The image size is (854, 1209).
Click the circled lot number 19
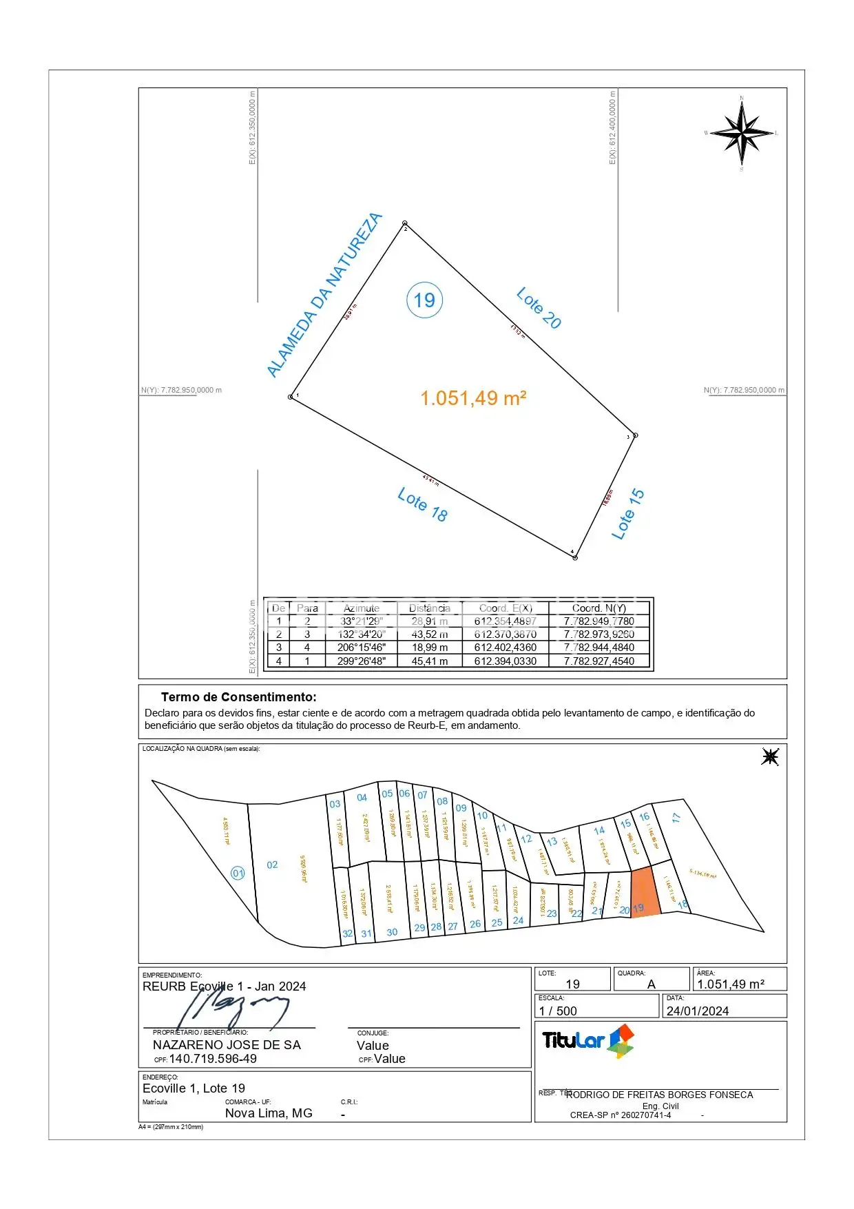pos(424,300)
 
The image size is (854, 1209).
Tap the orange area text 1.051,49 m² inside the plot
pos(473,398)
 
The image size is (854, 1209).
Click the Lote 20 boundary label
pos(539,308)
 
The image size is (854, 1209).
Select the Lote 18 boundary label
pos(422,505)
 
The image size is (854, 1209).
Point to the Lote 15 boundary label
pos(627,514)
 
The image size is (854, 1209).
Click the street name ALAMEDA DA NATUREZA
pos(324,295)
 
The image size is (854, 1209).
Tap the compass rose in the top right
pos(742,132)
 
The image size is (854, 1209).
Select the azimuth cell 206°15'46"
pos(361,648)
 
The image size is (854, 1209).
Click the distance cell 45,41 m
pos(429,661)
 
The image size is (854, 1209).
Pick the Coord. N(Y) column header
pos(598,608)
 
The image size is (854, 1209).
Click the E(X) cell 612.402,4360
pos(505,648)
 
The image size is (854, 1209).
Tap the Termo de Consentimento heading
pos(238,697)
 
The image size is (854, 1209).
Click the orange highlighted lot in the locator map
pos(645,891)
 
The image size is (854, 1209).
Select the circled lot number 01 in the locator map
pos(238,874)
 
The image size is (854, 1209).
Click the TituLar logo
pos(587,1040)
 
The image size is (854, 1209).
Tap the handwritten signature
pos(234,1007)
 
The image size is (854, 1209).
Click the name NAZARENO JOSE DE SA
pos(227,1045)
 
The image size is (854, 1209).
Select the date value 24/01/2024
pos(697,1011)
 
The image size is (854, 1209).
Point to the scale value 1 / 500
pos(558,1011)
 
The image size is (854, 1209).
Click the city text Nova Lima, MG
pos(269,1113)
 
